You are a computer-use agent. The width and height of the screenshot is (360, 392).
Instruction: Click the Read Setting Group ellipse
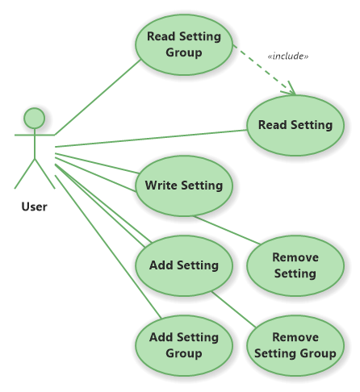(x=184, y=44)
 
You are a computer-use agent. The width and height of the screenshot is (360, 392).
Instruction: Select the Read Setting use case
(x=295, y=125)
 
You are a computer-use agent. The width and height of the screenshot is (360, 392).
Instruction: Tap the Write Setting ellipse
(x=184, y=186)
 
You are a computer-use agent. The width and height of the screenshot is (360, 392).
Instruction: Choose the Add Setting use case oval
(x=184, y=265)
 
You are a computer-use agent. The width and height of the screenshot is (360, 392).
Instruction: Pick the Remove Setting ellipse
(x=295, y=265)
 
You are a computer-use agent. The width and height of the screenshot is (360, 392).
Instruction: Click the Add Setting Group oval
(x=184, y=345)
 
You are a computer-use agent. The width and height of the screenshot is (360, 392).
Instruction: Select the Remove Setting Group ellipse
(x=295, y=345)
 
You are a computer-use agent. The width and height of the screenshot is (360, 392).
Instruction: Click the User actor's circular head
(x=35, y=119)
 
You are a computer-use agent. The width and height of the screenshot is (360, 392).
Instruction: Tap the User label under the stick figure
(x=34, y=206)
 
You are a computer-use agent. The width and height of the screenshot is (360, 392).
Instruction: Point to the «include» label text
(x=288, y=56)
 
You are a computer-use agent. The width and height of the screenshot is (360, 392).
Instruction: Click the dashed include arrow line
(x=264, y=70)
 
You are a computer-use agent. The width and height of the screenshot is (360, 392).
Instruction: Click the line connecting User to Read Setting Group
(x=98, y=97)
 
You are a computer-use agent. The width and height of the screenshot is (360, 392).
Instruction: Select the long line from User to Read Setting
(x=151, y=139)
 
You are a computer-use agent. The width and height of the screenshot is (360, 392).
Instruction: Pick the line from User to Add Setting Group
(x=108, y=247)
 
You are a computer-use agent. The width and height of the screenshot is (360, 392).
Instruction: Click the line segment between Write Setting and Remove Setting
(x=227, y=230)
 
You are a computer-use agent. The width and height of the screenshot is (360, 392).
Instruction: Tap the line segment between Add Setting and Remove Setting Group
(x=233, y=310)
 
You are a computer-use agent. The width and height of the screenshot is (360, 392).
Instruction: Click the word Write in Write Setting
(x=161, y=186)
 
